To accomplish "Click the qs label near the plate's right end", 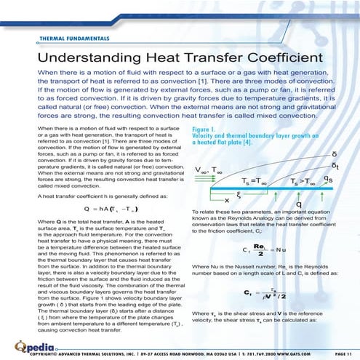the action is coord(329,179).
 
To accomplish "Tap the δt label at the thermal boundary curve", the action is coord(333,165).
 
